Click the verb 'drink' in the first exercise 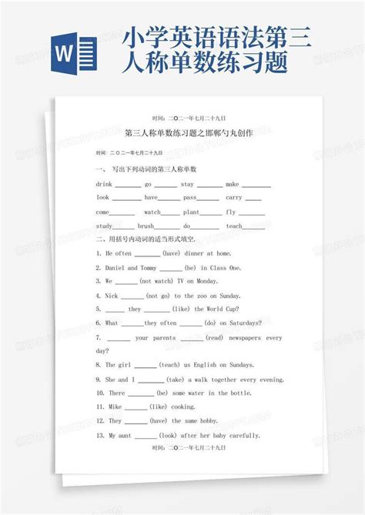click(105, 185)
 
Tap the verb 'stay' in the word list click(187, 185)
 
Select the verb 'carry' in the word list click(233, 198)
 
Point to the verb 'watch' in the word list click(152, 212)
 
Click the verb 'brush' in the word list click(146, 226)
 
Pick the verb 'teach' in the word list click(234, 226)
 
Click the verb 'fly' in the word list click(231, 212)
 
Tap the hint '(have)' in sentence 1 click(170, 252)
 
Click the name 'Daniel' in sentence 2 click(116, 267)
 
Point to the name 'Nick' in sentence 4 click(112, 295)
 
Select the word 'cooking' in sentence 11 click(182, 406)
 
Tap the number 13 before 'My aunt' click(100, 435)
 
